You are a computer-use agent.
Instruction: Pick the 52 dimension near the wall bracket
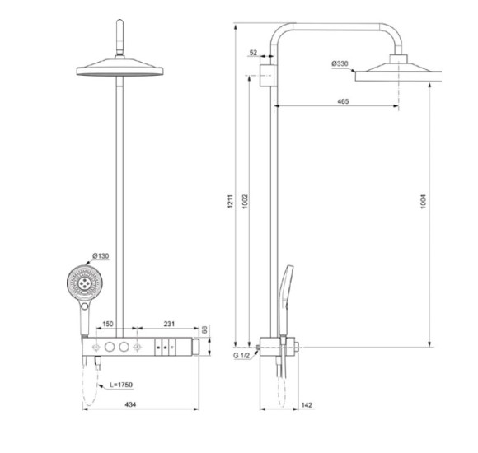[252, 53]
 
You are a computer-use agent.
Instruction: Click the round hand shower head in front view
[82, 280]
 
